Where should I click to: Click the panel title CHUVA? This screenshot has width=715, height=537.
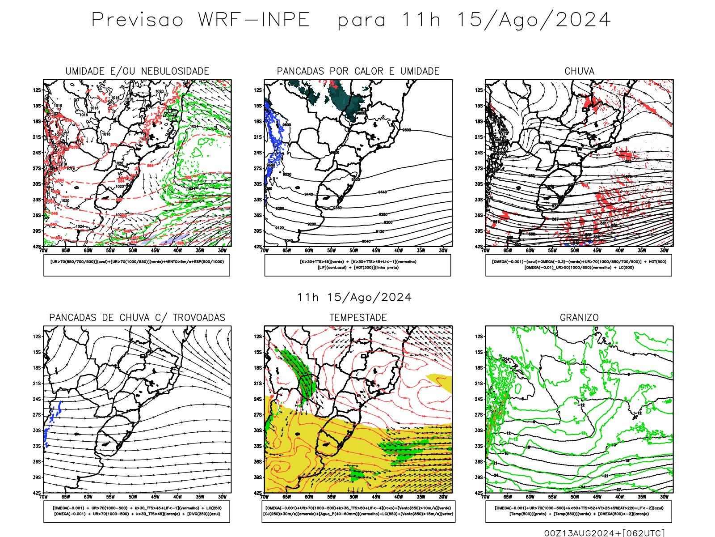pyautogui.click(x=579, y=71)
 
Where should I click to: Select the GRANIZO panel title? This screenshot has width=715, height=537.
pyautogui.click(x=579, y=318)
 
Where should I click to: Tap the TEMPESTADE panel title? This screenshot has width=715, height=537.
pyautogui.click(x=358, y=318)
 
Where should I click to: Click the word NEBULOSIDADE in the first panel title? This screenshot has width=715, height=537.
pyautogui.click(x=175, y=71)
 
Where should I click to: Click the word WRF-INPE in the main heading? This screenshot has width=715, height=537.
pyautogui.click(x=254, y=20)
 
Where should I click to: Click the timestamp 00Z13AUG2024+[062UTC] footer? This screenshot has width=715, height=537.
pyautogui.click(x=604, y=533)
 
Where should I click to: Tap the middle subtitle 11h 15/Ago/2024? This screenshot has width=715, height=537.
pyautogui.click(x=354, y=298)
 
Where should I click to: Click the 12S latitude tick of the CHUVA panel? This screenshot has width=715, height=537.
pyautogui.click(x=479, y=90)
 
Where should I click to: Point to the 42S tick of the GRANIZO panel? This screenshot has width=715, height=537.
pyautogui.click(x=479, y=493)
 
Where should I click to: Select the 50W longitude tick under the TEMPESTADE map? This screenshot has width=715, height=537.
pyautogui.click(x=354, y=497)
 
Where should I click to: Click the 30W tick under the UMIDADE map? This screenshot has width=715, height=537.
pyautogui.click(x=222, y=251)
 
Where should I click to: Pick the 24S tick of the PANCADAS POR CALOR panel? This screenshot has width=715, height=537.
pyautogui.click(x=258, y=153)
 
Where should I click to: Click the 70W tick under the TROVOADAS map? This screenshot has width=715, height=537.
pyautogui.click(x=43, y=497)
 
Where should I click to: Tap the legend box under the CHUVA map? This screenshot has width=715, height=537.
pyautogui.click(x=579, y=265)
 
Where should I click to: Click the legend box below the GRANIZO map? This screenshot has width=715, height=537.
pyautogui.click(x=579, y=511)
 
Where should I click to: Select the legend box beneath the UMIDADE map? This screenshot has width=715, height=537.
pyautogui.click(x=137, y=265)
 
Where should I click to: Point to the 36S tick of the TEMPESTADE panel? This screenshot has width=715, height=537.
pyautogui.click(x=258, y=462)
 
